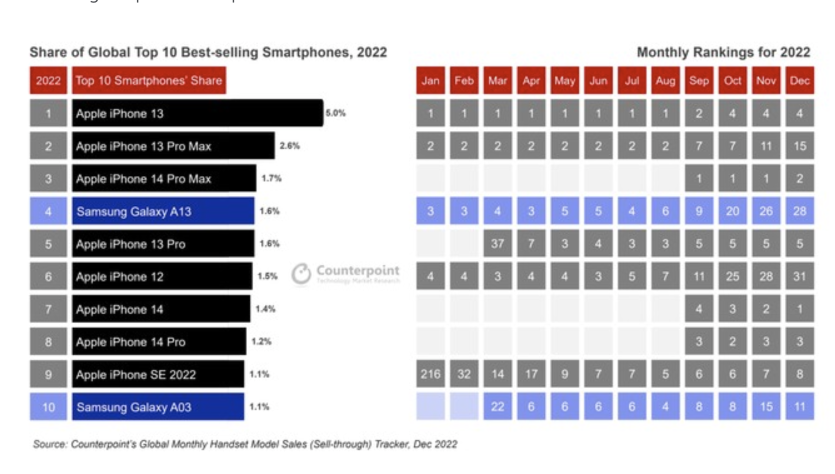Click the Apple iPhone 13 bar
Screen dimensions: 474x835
[x=197, y=113]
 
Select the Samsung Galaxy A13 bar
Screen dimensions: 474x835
[x=162, y=211]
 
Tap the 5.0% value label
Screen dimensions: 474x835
[x=335, y=113]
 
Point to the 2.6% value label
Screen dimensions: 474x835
[x=289, y=145]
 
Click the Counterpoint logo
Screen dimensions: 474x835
[x=346, y=273]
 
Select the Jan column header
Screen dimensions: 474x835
[x=430, y=80]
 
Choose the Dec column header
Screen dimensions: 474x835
[x=799, y=80]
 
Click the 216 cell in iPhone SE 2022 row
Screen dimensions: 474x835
[x=430, y=374]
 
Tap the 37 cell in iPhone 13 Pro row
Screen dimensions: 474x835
[x=497, y=243]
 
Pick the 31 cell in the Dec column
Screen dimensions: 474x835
[x=799, y=276]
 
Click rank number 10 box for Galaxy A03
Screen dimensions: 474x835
[x=48, y=406]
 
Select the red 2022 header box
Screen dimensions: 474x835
[x=48, y=80]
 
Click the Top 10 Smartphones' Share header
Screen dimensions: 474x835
[x=148, y=80]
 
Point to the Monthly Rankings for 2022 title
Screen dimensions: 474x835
[x=723, y=52]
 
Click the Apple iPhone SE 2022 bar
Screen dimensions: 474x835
[x=157, y=374]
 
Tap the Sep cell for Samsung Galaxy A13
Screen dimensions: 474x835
[x=698, y=211]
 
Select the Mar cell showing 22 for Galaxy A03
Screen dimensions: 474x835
[x=497, y=406]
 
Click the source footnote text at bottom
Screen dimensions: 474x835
[x=245, y=444]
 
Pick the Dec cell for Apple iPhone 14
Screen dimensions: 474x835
[x=799, y=308]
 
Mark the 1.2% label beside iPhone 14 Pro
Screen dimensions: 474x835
[x=261, y=341]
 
